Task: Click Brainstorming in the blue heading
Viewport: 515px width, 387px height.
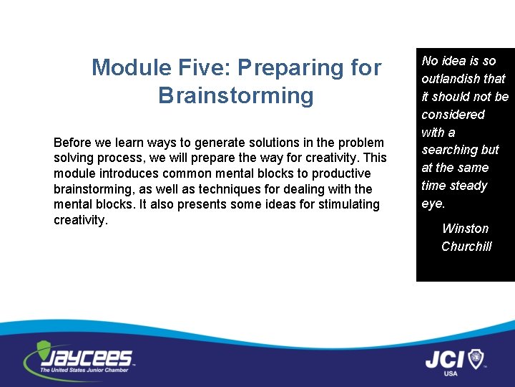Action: [236, 95]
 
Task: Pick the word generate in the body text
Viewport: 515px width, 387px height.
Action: [214, 143]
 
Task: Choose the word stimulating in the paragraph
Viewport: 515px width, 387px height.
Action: [349, 204]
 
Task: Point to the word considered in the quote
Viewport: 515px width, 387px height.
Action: [453, 115]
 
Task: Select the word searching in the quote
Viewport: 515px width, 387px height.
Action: [450, 150]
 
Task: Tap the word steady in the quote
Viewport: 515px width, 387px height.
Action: [469, 186]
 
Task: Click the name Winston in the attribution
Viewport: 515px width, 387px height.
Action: [465, 229]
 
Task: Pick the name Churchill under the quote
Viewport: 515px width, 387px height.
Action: [466, 247]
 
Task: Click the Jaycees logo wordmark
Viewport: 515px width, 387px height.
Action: [89, 357]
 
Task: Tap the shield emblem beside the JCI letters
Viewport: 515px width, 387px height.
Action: [475, 358]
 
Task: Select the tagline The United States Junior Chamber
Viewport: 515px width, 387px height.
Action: [84, 370]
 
